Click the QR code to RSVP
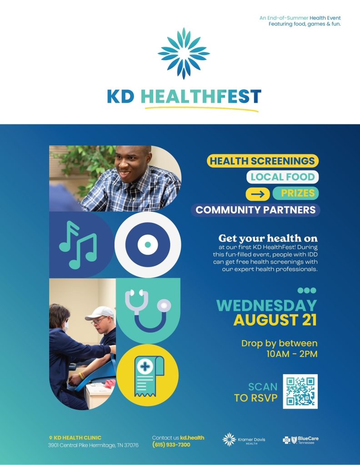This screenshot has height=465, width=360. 300,391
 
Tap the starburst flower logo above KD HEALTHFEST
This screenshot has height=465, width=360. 184,54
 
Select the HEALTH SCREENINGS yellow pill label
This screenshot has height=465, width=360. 262,161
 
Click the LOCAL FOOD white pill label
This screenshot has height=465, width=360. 282,177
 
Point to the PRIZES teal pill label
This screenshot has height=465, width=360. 295,193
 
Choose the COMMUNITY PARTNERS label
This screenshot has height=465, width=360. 255,210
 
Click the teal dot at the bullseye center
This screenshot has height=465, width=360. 148,245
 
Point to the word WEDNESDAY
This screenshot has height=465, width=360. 267,306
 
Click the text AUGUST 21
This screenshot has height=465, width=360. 275,320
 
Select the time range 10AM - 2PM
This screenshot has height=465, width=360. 292,354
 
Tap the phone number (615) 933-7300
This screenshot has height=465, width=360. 171,445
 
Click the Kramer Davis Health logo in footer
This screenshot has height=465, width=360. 244,440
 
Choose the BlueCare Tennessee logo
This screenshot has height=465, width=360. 300,440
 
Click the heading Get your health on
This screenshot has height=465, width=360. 268,238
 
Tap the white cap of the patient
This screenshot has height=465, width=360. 100,313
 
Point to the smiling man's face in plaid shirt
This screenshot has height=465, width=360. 129,163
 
